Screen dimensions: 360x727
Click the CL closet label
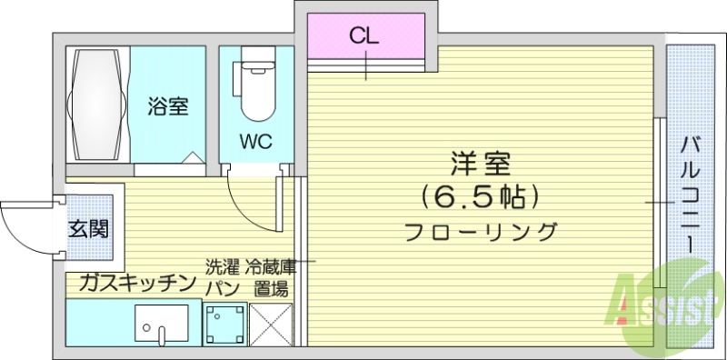[365, 37]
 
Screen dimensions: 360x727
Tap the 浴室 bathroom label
[168, 106]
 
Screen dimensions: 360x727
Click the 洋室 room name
[481, 164]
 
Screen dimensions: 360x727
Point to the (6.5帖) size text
[481, 195]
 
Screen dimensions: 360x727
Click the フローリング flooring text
[481, 231]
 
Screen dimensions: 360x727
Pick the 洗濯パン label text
[222, 278]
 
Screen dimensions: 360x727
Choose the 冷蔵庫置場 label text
[271, 278]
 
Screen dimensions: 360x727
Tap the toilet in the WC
[256, 91]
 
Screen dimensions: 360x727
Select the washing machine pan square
[223, 323]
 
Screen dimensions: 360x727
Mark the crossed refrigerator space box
[270, 323]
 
